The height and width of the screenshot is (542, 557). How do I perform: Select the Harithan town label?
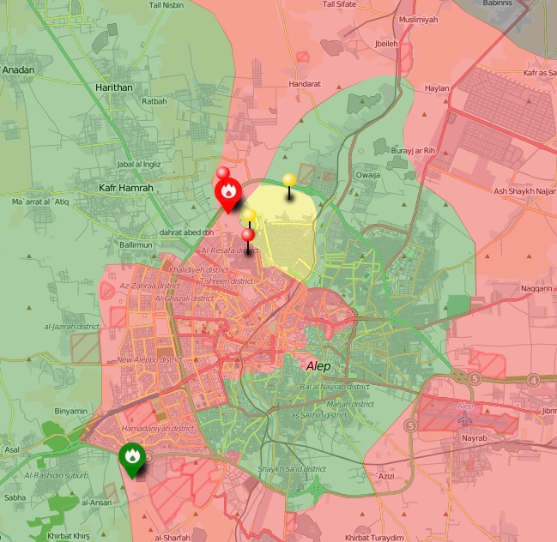113,87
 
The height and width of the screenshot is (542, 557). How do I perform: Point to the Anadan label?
18,70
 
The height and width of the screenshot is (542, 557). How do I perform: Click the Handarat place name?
305,84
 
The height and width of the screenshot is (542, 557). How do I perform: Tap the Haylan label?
437,88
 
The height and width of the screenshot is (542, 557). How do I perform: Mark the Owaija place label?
368,174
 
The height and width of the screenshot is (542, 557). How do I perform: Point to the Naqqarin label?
537,289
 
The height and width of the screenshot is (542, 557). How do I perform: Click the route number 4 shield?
533,380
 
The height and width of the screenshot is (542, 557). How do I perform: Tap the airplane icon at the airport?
466,419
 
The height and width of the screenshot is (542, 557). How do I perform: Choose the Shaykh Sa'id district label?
292,469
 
